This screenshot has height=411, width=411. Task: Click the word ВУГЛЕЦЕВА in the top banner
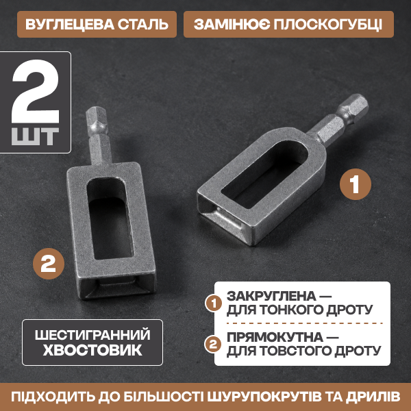click(x=70, y=25)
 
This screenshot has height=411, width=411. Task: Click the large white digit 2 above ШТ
click(x=36, y=91)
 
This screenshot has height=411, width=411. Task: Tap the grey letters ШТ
click(x=35, y=136)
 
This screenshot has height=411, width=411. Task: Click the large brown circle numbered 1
click(x=355, y=184)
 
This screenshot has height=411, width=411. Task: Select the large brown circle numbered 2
click(x=49, y=264)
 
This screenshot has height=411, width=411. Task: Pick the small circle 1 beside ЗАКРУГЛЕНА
click(x=214, y=303)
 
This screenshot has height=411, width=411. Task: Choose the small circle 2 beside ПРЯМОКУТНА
click(x=213, y=345)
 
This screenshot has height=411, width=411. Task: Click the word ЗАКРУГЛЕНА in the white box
click(x=271, y=296)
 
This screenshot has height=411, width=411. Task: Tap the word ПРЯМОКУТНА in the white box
click(x=275, y=337)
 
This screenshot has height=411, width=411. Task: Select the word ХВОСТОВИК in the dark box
click(x=92, y=350)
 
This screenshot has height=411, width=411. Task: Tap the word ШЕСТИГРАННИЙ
click(x=92, y=335)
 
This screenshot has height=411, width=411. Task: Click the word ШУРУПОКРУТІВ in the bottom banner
click(x=264, y=397)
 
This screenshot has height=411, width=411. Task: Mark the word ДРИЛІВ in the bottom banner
click(x=373, y=397)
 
